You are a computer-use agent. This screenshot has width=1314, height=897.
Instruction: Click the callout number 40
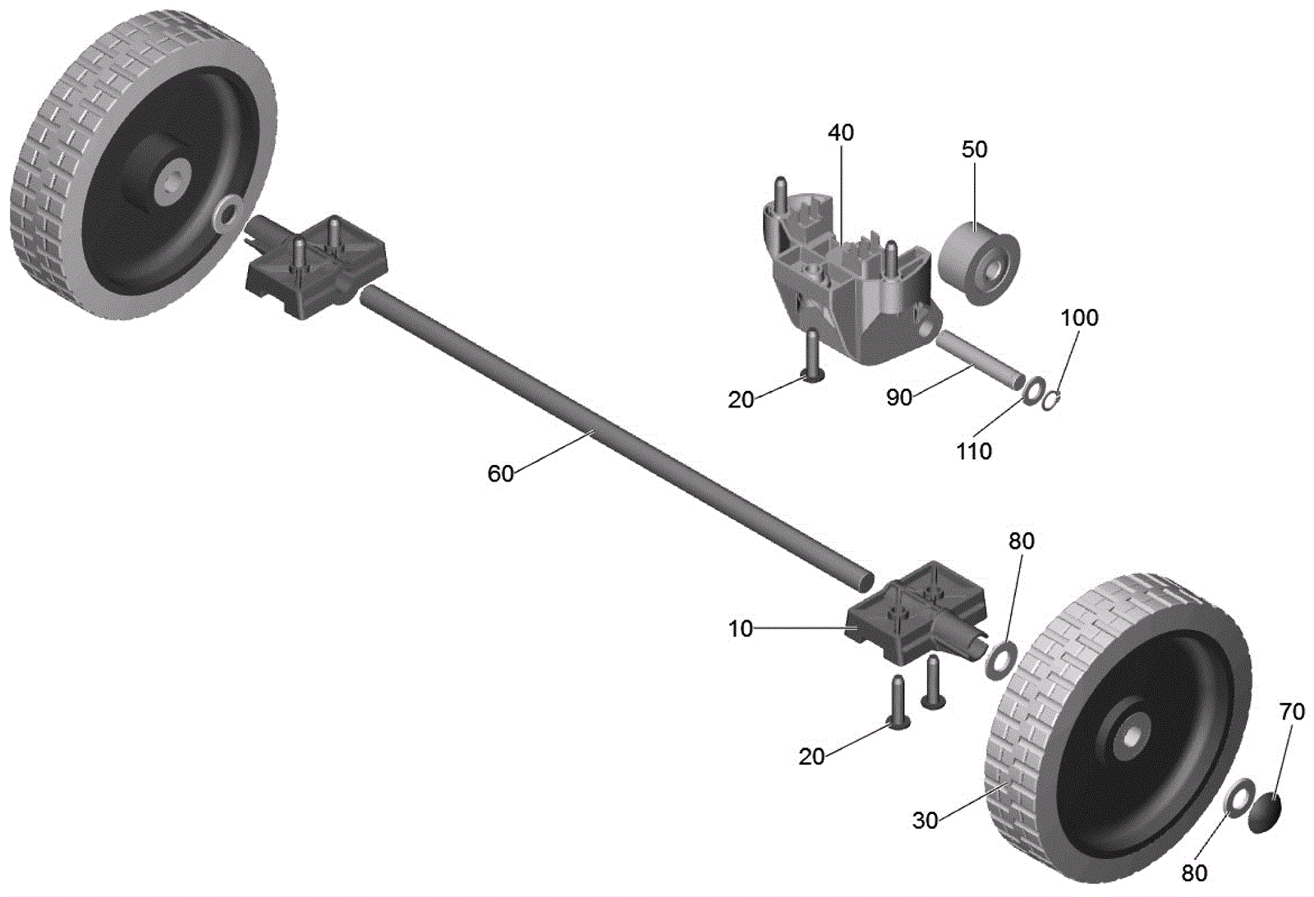[x=841, y=133]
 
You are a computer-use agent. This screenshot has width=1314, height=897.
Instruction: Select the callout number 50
[x=974, y=149]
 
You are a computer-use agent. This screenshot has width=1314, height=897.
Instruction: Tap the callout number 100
[x=1079, y=318]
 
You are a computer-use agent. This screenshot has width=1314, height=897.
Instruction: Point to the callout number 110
[x=974, y=451]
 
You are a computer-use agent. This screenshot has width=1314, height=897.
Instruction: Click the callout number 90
[x=899, y=398]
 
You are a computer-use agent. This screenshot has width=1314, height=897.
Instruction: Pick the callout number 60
[x=500, y=474]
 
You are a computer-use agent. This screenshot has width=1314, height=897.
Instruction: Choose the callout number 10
[x=740, y=629]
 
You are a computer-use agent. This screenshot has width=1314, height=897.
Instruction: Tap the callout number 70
[x=1292, y=711]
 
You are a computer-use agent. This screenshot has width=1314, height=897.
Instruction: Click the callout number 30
[x=925, y=821]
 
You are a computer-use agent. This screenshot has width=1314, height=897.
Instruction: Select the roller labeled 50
[x=978, y=264]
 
